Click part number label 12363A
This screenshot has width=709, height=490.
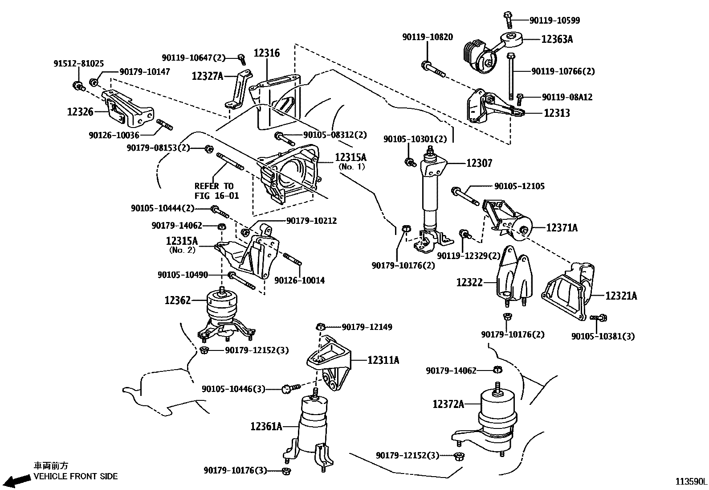557,39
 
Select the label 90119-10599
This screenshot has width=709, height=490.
554,20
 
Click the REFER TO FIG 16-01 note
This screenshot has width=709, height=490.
216,191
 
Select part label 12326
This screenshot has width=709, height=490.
80,111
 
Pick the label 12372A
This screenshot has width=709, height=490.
448,404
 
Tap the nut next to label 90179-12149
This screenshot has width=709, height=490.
320,327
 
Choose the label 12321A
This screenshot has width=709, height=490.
621,296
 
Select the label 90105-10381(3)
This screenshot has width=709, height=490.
603,336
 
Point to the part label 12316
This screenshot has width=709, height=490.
267,54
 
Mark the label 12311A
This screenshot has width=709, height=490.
383,360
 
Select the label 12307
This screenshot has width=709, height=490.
479,163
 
